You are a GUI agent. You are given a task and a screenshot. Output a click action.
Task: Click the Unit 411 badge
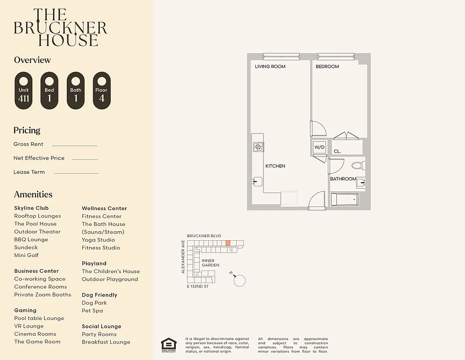pyautogui.click(x=24, y=90)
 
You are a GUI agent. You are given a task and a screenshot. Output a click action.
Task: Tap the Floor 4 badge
pyautogui.click(x=102, y=90)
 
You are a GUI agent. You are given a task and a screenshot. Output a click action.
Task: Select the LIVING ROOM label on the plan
pyautogui.click(x=270, y=67)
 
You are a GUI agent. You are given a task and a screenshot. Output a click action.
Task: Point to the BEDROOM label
pyautogui.click(x=327, y=67)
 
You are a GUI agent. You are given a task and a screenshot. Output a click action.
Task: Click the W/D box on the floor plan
pyautogui.click(x=319, y=147)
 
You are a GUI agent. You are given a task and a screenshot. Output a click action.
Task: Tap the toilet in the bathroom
pyautogui.click(x=358, y=166)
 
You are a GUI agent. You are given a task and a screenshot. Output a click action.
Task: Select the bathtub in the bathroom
pyautogui.click(x=345, y=199)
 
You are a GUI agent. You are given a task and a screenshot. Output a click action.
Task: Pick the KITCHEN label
pyautogui.click(x=275, y=166)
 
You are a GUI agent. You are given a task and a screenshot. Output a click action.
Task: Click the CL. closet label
pyautogui.click(x=337, y=152)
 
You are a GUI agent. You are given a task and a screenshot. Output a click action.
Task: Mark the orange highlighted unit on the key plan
pyautogui.click(x=228, y=243)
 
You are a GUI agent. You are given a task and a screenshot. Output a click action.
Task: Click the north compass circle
pyautogui.click(x=240, y=280)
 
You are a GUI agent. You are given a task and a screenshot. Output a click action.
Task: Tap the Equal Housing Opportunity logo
pyautogui.click(x=169, y=345)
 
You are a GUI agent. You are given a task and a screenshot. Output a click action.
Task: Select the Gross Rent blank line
pyautogui.click(x=75, y=145)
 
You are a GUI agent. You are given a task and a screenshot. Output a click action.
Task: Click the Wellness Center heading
pyautogui.click(x=104, y=208)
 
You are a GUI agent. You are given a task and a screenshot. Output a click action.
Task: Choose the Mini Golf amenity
pyautogui.click(x=27, y=255)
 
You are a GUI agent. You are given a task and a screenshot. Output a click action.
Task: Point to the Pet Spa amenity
pyautogui.click(x=92, y=310)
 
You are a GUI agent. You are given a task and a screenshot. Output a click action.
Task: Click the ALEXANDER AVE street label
pyautogui.click(x=183, y=257)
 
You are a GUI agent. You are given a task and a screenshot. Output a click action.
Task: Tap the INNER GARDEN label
pyautogui.click(x=210, y=263)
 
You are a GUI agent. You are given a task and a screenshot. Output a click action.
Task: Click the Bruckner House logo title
pyautogui.click(x=61, y=28)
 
